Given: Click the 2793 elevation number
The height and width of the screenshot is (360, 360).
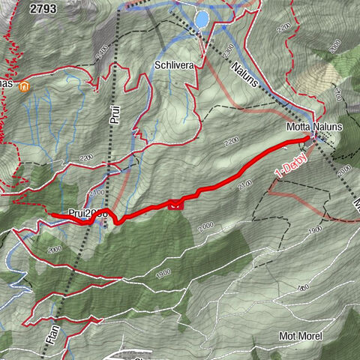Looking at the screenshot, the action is [44, 8].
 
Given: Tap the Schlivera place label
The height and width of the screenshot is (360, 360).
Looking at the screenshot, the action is [175, 65].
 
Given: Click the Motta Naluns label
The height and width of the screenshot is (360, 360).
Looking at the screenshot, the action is [313, 127].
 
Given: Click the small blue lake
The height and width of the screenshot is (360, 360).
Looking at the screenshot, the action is [202, 17].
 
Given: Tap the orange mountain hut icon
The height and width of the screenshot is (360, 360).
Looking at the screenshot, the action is [25, 87].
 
